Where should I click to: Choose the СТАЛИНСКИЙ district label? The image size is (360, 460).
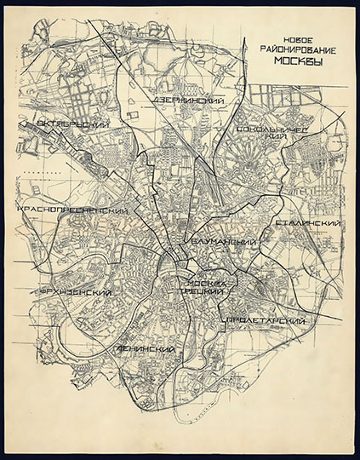(309, 223)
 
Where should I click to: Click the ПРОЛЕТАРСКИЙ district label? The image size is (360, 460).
(263, 320)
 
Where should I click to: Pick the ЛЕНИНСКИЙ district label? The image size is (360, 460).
(147, 350)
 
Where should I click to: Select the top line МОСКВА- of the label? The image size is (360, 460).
(205, 281)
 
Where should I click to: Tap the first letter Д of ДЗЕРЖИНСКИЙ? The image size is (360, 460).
(157, 101)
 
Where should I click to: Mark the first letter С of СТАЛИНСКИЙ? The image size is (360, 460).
(279, 224)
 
